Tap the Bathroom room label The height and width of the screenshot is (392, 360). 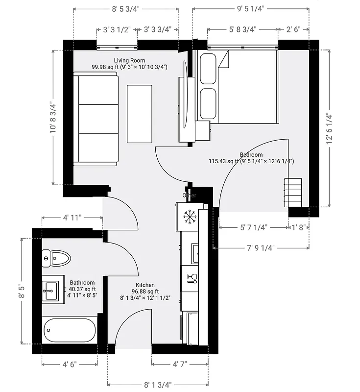pos(82,283)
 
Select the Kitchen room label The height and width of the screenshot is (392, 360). pos(145,285)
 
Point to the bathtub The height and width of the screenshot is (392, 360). pos(70,330)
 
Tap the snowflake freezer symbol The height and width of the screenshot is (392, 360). pos(189,216)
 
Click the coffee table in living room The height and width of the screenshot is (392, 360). pos(140,113)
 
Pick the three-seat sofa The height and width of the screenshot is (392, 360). pos(96,118)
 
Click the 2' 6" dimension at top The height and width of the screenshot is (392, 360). pos(295,29)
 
